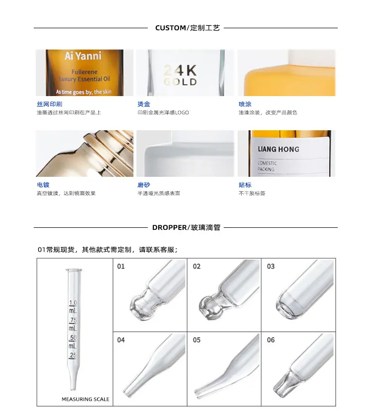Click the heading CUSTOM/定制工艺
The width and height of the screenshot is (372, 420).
pyautogui.click(x=187, y=28)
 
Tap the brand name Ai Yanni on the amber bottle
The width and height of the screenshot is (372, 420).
pyautogui.click(x=83, y=56)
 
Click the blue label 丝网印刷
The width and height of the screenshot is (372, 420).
pyautogui.click(x=50, y=104)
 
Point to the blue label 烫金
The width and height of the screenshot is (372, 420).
pyautogui.click(x=144, y=104)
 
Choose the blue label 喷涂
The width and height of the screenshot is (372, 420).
pyautogui.click(x=245, y=104)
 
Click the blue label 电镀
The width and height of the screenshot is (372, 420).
pyautogui.click(x=43, y=185)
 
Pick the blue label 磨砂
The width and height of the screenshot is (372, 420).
pyautogui.click(x=144, y=185)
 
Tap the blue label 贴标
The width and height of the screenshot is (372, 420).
pyautogui.click(x=245, y=185)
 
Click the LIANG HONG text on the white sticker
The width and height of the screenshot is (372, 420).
pyautogui.click(x=278, y=149)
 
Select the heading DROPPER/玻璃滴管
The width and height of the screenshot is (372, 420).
pyautogui.click(x=186, y=228)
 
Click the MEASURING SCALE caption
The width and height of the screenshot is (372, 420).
pyautogui.click(x=85, y=399)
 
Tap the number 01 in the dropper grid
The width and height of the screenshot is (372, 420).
pyautogui.click(x=121, y=266)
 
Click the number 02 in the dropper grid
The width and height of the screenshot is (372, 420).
pyautogui.click(x=197, y=266)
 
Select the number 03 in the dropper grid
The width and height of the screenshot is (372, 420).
pyautogui.click(x=271, y=266)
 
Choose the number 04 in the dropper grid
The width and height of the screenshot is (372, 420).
pyautogui.click(x=121, y=340)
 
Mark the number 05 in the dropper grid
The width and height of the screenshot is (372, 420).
pyautogui.click(x=197, y=340)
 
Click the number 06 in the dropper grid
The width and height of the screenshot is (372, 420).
pyautogui.click(x=271, y=340)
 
